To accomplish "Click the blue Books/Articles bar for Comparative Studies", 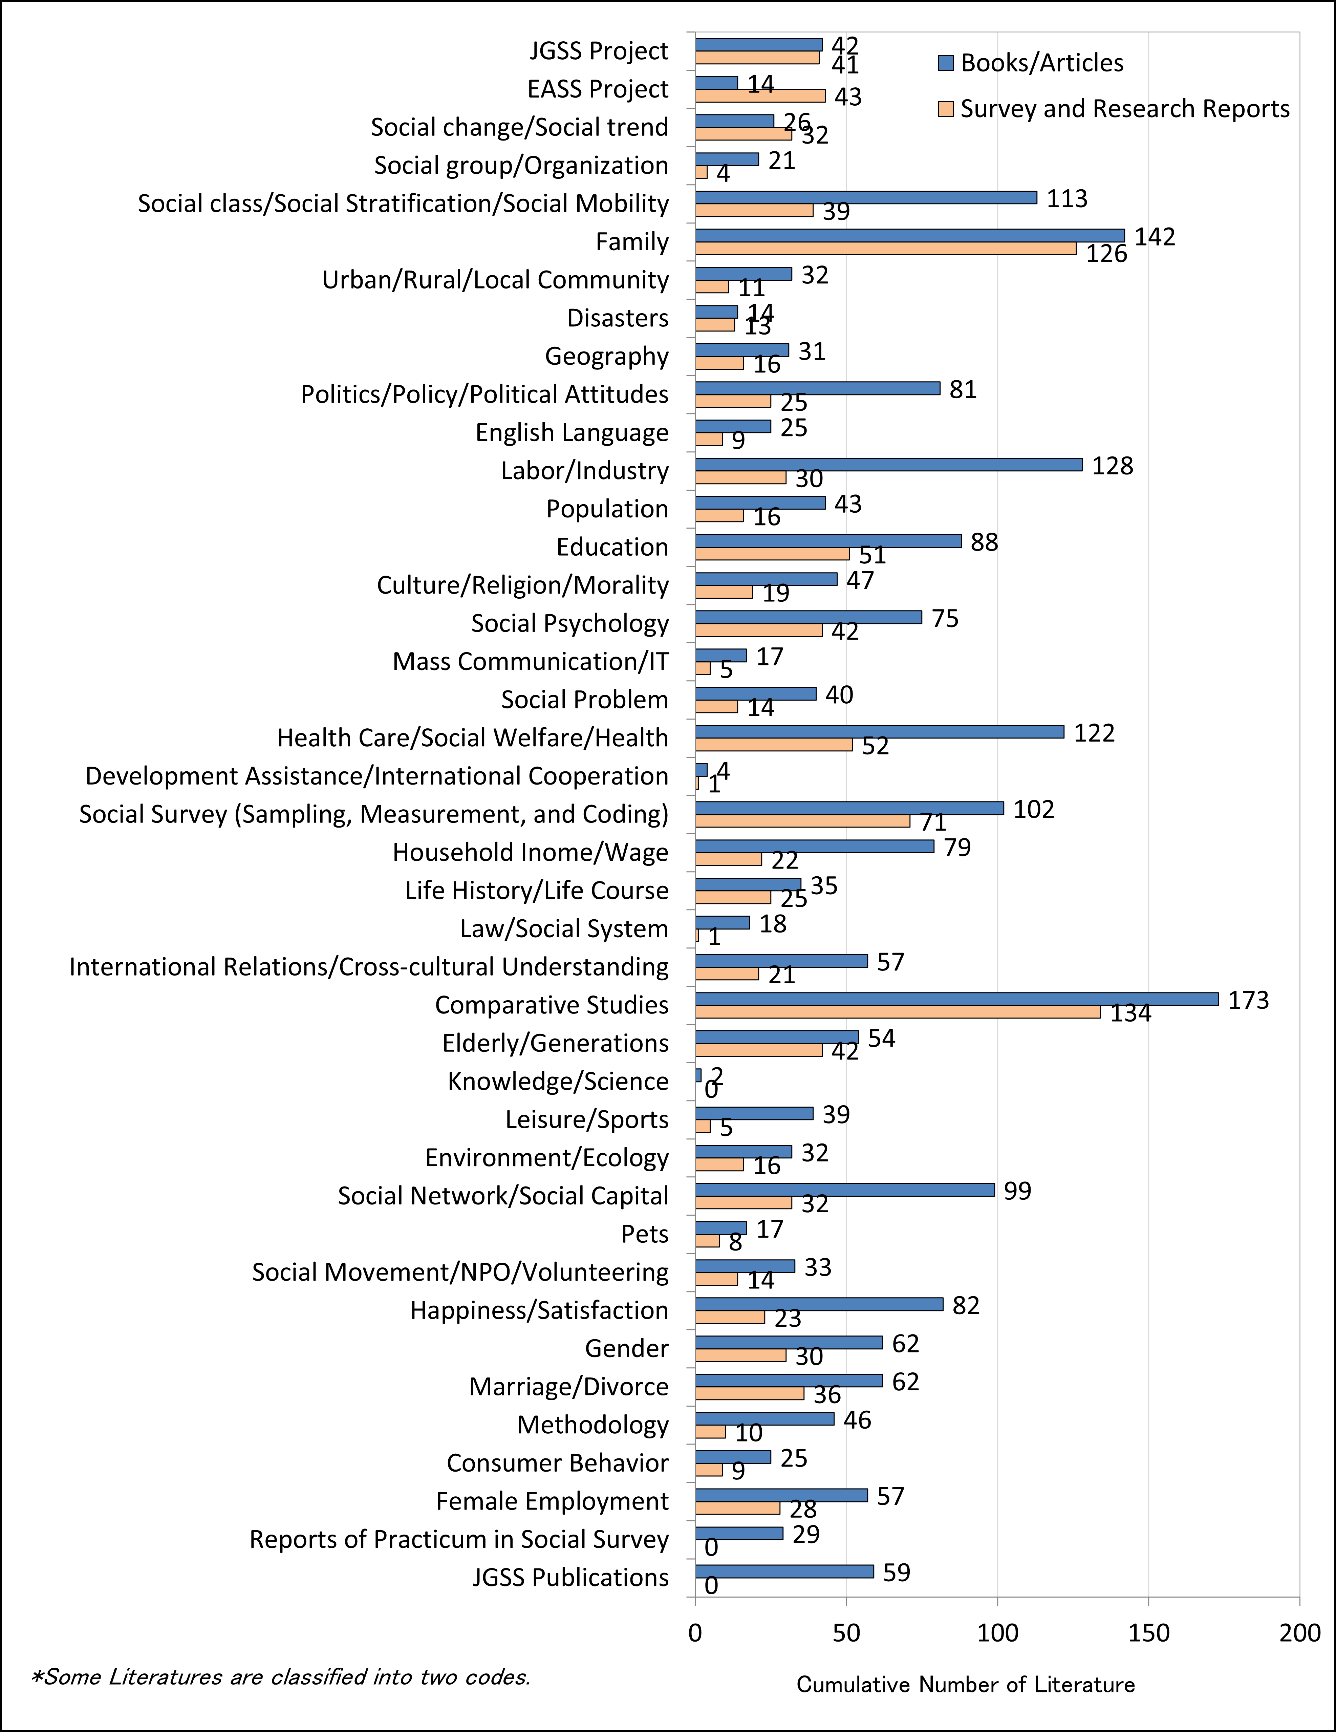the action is click(x=956, y=999).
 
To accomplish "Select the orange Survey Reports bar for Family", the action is click(x=886, y=248).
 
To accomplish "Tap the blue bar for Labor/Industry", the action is click(x=889, y=465).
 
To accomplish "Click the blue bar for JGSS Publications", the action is click(x=784, y=1572).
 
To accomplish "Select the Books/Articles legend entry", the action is click(x=1031, y=63).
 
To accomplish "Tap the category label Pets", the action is click(x=645, y=1234).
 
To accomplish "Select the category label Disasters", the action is click(x=618, y=318).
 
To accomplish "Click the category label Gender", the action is click(x=626, y=1348).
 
